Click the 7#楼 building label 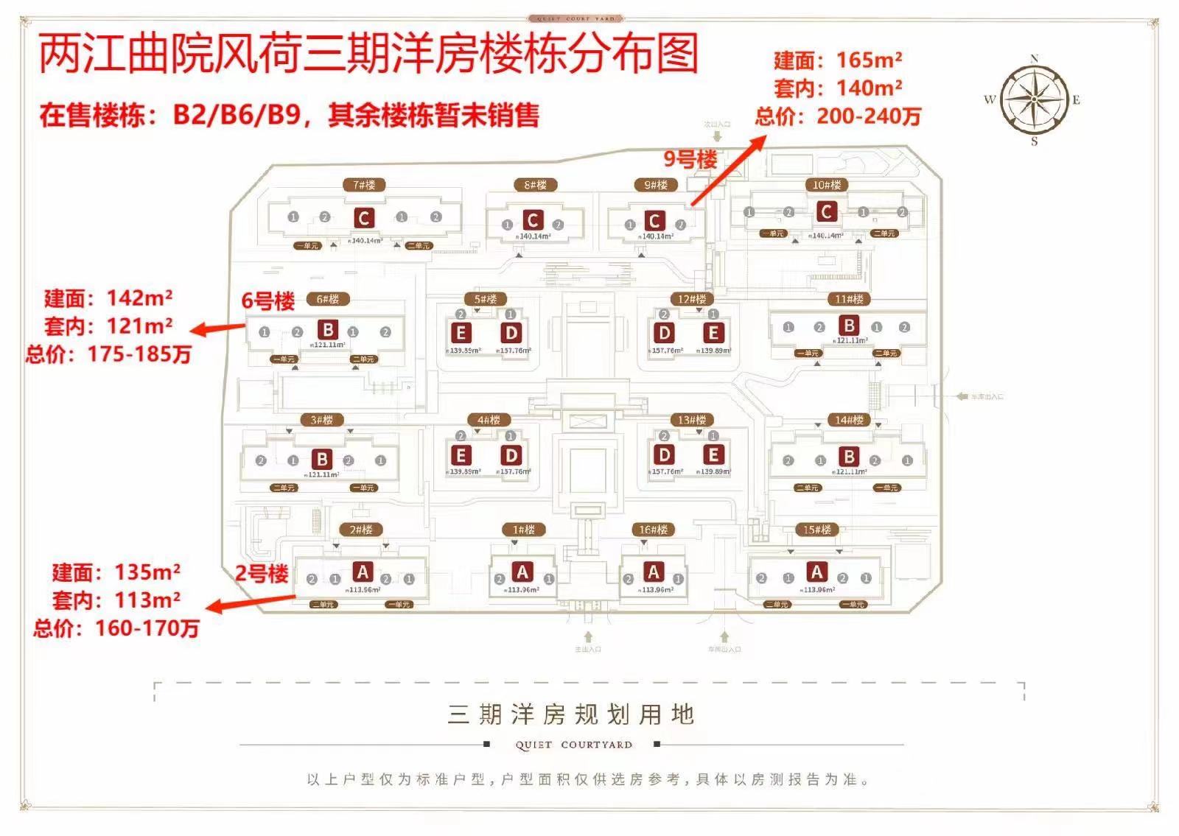pos(364,185)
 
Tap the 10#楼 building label pos(826,185)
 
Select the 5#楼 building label pos(485,299)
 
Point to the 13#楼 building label pos(691,420)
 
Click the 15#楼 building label pos(816,530)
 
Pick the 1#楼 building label pos(523,530)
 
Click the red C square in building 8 pos(532,219)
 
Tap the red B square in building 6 pos(328,330)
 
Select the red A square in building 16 pos(653,572)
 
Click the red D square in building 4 pos(511,455)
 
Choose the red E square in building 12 pos(713,333)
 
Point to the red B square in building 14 pos(848,457)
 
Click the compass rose pos(1034,99)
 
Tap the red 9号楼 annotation pos(690,159)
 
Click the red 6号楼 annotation pos(268,301)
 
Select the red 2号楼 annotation pos(262,573)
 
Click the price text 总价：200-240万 pos(838,116)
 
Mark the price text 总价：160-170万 pos(116,628)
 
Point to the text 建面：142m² pos(108,298)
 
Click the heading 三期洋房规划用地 pos(571,714)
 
